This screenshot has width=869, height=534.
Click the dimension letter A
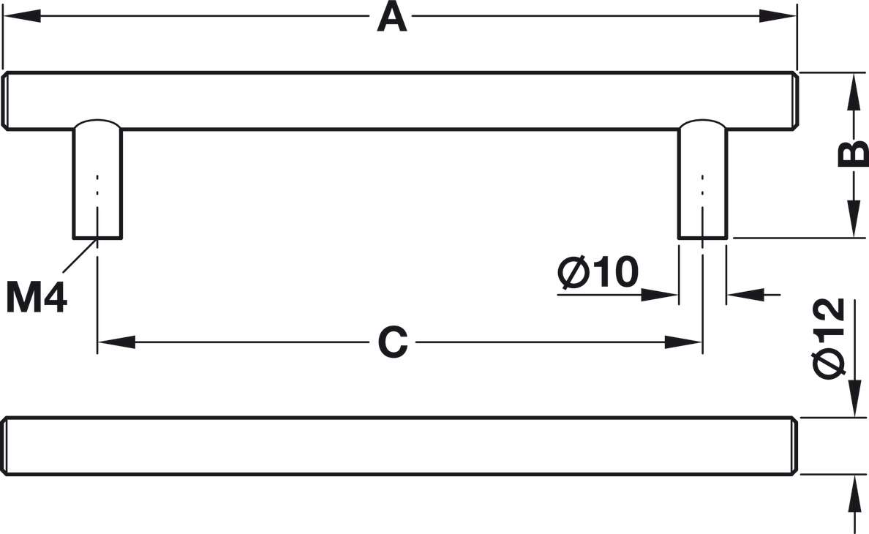click(x=391, y=17)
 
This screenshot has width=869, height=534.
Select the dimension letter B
click(x=853, y=154)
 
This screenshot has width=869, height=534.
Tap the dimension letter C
click(x=393, y=342)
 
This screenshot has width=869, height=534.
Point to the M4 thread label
click(x=37, y=298)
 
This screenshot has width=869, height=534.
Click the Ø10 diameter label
click(x=598, y=273)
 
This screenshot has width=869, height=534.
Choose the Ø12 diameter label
click(x=830, y=338)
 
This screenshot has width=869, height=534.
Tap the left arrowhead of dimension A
click(x=22, y=16)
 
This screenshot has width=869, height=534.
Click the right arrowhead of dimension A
click(x=778, y=16)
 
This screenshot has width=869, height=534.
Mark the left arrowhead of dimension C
click(x=117, y=342)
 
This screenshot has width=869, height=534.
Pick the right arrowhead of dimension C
click(x=682, y=342)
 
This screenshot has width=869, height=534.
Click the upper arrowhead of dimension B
click(x=853, y=91)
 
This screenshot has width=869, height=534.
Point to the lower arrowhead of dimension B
click(x=853, y=219)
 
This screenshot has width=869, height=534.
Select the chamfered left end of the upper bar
click(x=6, y=101)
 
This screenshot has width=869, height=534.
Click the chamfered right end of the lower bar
click(x=794, y=446)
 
